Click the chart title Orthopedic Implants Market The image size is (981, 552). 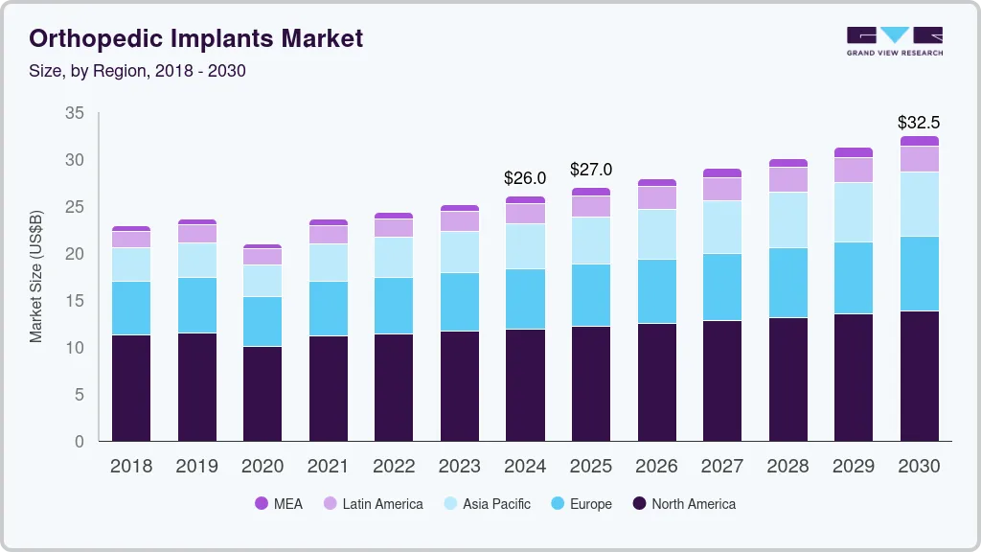(196, 38)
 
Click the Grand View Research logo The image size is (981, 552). (894, 40)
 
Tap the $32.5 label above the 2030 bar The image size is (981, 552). (919, 123)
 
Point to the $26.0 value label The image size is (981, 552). (525, 178)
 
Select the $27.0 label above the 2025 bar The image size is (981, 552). (591, 170)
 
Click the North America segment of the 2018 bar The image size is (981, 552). (131, 388)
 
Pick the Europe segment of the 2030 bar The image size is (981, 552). (920, 274)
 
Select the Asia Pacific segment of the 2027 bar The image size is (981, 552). (722, 227)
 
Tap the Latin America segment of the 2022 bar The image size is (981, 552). (394, 228)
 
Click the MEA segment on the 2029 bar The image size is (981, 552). (854, 152)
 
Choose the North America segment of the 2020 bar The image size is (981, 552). (262, 394)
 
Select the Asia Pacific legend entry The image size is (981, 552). (486, 504)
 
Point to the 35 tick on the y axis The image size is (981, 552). (74, 113)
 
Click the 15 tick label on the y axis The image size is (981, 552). (74, 301)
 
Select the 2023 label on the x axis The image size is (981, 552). (460, 467)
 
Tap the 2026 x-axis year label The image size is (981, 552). (656, 467)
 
